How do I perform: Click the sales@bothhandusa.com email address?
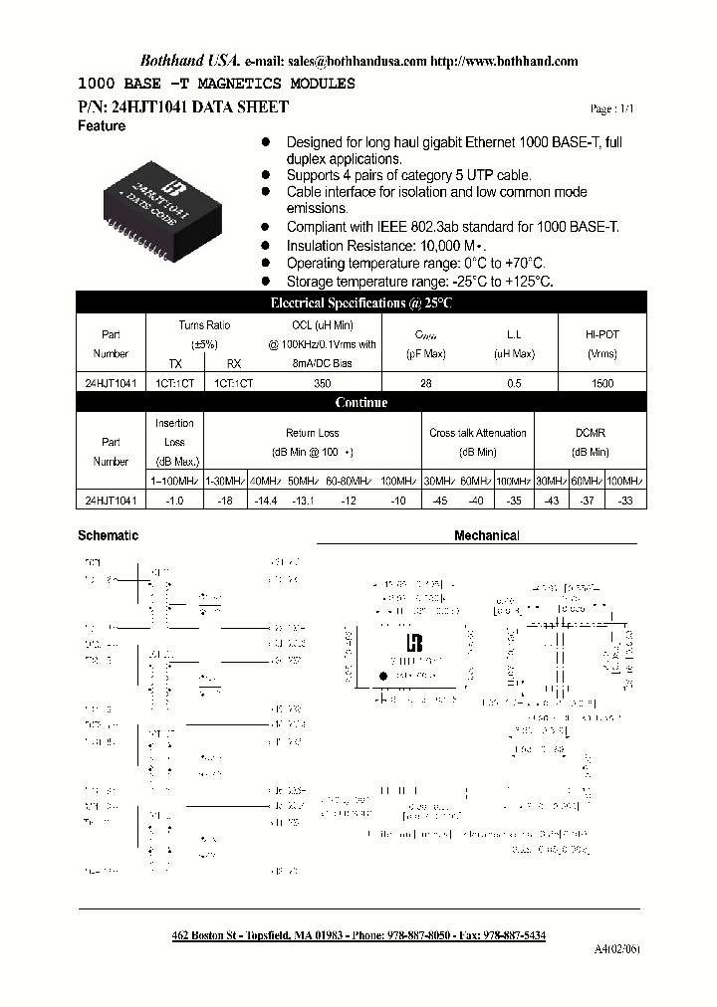click(364, 61)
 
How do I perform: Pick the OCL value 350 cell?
click(321, 383)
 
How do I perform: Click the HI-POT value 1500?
click(602, 383)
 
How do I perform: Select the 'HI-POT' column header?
click(602, 335)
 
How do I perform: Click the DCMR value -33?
click(625, 501)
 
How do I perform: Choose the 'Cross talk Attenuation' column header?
click(478, 433)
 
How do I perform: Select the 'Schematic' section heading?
click(108, 535)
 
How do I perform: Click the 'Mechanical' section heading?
click(487, 535)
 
